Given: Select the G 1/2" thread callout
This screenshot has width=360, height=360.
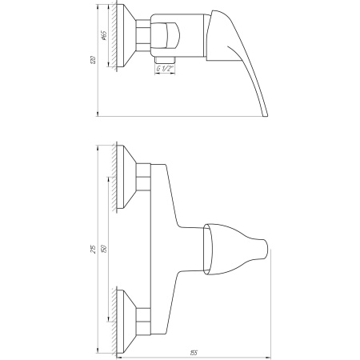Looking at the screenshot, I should point(166,70).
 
